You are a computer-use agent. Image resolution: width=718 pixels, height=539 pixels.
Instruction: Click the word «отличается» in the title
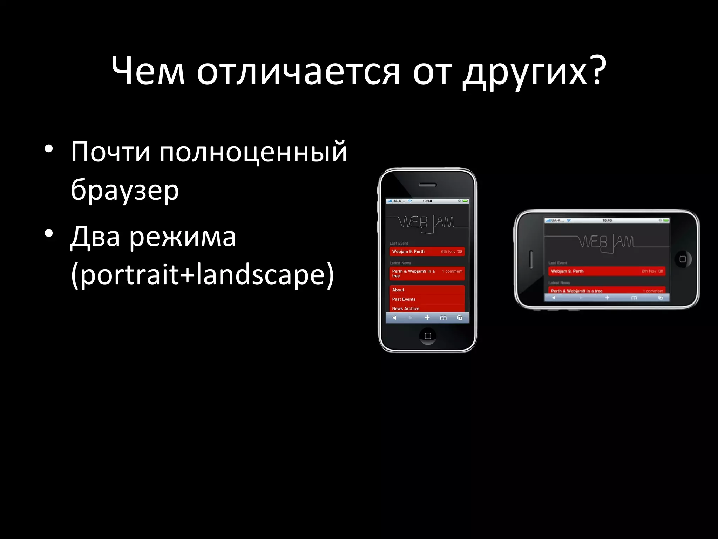pos(298,72)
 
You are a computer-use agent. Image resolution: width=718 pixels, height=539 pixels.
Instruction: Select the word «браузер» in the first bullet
pos(125,191)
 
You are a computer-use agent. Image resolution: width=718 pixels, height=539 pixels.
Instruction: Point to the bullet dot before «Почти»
pos(49,149)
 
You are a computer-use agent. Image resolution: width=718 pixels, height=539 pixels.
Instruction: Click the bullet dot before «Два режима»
pos(49,233)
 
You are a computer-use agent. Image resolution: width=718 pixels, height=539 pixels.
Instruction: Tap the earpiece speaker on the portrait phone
pos(427,185)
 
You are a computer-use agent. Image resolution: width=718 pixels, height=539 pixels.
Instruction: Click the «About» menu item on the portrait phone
pos(398,290)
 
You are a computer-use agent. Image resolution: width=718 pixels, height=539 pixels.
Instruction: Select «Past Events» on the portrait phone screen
pos(404,299)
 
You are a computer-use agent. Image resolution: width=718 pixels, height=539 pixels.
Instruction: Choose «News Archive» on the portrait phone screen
pos(406,308)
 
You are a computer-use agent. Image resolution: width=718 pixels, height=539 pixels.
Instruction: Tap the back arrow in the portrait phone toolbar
pos(394,318)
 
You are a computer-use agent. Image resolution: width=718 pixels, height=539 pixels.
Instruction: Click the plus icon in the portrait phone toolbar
pos(427,318)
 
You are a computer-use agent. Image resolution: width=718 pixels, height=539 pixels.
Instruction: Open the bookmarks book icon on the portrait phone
pos(443,318)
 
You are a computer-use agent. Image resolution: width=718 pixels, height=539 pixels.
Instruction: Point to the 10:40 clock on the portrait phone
pos(427,201)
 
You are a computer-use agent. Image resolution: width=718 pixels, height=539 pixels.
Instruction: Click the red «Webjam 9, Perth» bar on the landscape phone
pos(607,271)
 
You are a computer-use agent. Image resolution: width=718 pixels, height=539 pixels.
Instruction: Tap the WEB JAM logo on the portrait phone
pos(427,223)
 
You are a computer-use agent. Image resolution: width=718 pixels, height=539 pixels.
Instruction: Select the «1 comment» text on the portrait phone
pos(452,271)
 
